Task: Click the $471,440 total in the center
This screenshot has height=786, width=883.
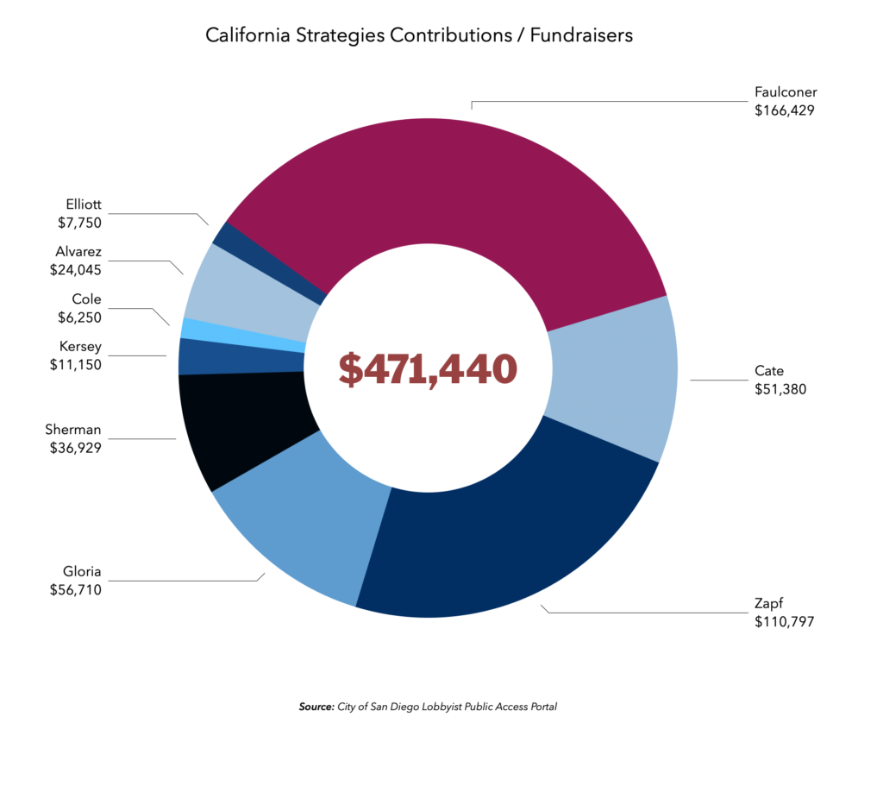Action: pyautogui.click(x=428, y=368)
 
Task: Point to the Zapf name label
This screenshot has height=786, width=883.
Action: pyautogui.click(x=767, y=604)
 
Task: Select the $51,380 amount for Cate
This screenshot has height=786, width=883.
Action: pyautogui.click(x=780, y=388)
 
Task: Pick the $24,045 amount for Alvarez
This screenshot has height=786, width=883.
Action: pyautogui.click(x=75, y=269)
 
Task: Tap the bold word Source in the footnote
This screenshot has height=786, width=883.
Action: pyautogui.click(x=316, y=707)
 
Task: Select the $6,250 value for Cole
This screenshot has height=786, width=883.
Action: pyautogui.click(x=76, y=317)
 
